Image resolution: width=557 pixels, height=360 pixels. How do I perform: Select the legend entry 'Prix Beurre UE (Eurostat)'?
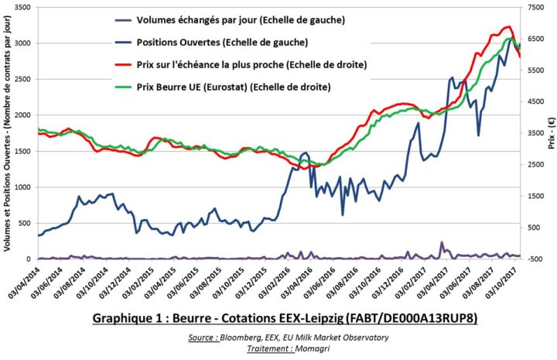[233, 87]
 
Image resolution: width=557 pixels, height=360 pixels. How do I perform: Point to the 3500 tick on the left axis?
[22, 7]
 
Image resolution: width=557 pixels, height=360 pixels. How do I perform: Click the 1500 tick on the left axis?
[22, 151]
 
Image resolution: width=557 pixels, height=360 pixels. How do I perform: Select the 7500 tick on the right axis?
[535, 7]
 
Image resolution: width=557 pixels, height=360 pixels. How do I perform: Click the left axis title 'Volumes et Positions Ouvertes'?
[7, 135]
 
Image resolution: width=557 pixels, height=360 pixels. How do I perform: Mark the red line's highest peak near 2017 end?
[507, 26]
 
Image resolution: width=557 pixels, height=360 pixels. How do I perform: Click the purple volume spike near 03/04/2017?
[443, 242]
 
